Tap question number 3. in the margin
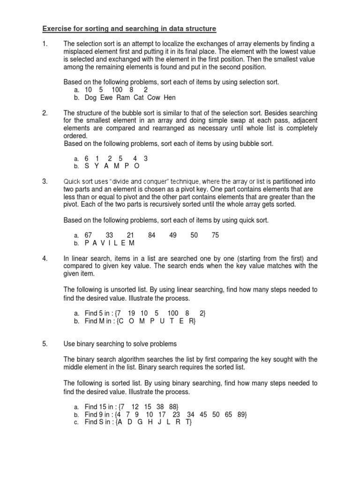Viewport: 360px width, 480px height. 45,181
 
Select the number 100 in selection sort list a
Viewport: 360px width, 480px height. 117,90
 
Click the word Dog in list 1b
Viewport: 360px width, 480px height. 91,97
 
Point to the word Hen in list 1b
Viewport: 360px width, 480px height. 170,97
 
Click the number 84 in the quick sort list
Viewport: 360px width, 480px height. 151,235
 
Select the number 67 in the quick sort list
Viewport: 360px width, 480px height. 89,235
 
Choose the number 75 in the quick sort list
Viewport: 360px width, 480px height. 215,235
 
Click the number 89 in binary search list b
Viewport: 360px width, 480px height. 241,414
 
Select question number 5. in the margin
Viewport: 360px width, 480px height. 45,344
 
